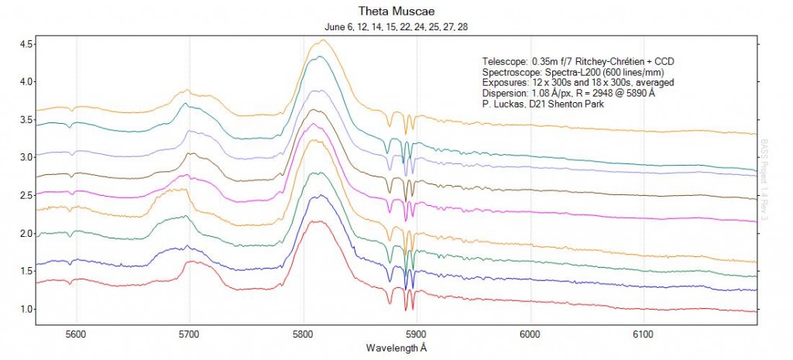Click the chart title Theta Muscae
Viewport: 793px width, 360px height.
[x=396, y=12]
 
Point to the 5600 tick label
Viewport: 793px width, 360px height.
[x=76, y=334]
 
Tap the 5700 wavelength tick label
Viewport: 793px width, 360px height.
[x=190, y=334]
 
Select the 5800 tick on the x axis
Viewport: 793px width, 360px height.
[x=304, y=334]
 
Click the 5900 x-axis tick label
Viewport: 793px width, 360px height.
[x=417, y=334]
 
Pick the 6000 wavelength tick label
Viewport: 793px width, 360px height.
[x=530, y=334]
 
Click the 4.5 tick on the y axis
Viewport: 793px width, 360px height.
[x=25, y=44]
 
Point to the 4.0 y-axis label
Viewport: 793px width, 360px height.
[x=25, y=81]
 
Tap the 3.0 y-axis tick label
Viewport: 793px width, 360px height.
[x=25, y=157]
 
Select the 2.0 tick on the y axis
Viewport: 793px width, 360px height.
[x=25, y=233]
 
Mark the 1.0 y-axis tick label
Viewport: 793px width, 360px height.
[x=25, y=310]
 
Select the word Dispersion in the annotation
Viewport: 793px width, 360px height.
[x=504, y=93]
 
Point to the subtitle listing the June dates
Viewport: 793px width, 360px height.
[x=396, y=27]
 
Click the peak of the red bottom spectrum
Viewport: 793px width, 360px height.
[x=317, y=221]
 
